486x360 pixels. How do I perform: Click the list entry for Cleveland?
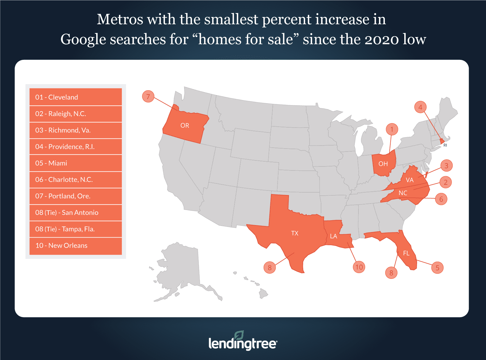(75, 97)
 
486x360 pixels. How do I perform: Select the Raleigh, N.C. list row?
(75, 114)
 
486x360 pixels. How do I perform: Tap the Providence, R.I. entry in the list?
(75, 147)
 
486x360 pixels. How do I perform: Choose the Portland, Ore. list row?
(75, 196)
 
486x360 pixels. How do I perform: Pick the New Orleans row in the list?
(75, 246)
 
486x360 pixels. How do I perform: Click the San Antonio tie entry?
(75, 213)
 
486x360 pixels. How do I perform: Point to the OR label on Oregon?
(185, 125)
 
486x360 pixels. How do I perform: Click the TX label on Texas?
(295, 233)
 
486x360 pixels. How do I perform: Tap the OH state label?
(383, 164)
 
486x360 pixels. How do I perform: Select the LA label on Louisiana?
(334, 236)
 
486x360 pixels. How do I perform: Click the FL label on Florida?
(406, 253)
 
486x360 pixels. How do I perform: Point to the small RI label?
(445, 146)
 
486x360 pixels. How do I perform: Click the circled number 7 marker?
(148, 97)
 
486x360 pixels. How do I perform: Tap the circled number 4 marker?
(420, 107)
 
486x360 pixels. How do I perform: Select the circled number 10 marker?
(359, 267)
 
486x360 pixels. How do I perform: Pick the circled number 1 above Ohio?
(392, 129)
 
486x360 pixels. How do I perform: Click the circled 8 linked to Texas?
(270, 268)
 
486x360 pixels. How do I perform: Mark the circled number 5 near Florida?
(437, 268)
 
